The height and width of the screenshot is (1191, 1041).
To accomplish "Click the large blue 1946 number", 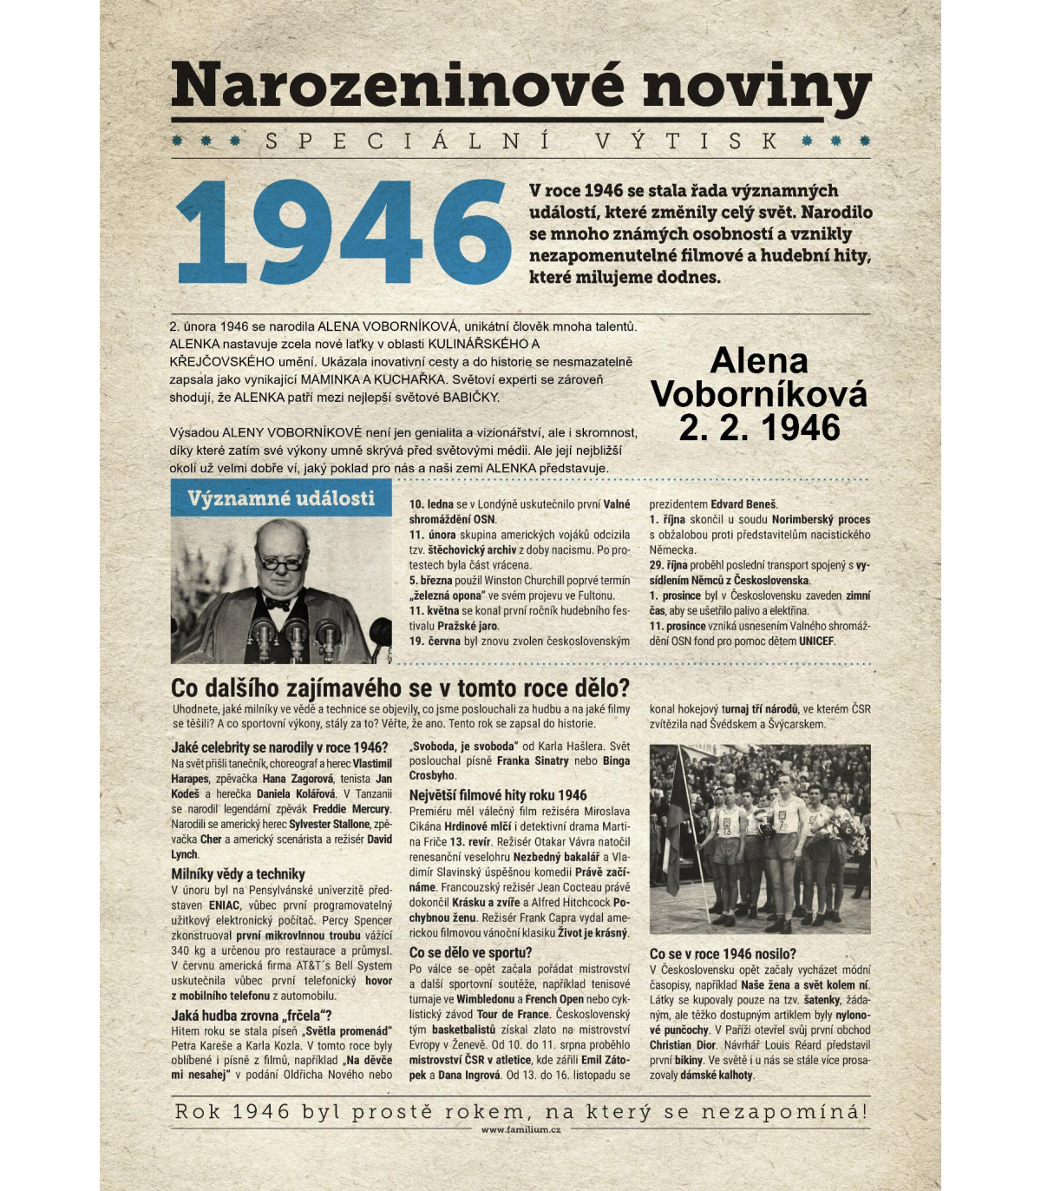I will click(343, 233).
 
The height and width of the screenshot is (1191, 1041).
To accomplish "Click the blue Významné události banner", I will click(281, 498).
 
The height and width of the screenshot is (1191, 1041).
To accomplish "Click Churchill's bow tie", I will click(278, 602).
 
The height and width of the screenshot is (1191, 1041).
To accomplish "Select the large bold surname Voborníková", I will click(759, 395).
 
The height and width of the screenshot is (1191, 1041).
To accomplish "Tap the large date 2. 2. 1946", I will click(759, 428).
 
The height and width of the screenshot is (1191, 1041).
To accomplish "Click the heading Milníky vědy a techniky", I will click(238, 874).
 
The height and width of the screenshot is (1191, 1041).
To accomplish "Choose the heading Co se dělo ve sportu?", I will click(470, 952).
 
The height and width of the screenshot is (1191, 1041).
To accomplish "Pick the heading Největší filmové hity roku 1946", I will click(498, 795).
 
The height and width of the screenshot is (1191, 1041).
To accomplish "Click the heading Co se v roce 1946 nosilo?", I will click(723, 954).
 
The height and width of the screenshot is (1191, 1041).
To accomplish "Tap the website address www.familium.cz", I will click(520, 1129).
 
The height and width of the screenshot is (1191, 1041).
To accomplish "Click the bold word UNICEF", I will click(816, 642).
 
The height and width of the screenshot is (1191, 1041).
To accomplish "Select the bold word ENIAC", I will click(225, 905).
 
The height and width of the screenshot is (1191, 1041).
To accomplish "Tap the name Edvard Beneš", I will click(744, 504).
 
